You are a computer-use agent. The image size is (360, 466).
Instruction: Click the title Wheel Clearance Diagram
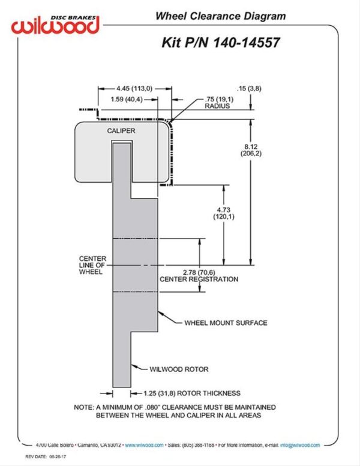tap(221, 16)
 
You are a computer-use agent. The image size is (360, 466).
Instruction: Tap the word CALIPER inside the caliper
tap(121, 130)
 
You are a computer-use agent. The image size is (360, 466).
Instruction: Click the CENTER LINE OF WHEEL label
tap(92, 265)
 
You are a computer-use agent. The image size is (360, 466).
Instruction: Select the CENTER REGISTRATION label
tap(199, 279)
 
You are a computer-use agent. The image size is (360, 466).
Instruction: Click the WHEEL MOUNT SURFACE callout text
tap(226, 323)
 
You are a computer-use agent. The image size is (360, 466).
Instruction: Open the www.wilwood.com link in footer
tap(144, 445)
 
